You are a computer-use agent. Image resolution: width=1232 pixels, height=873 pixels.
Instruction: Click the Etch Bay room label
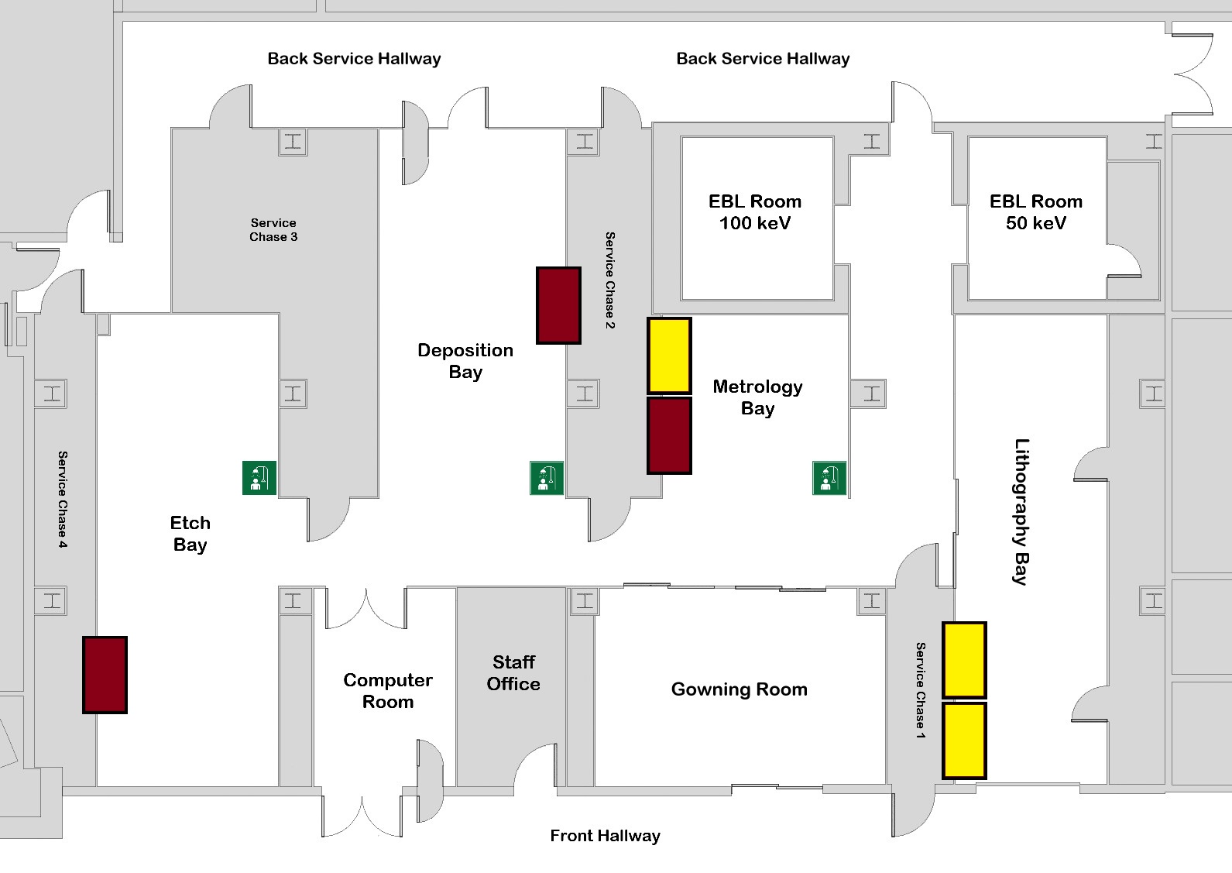[x=190, y=533]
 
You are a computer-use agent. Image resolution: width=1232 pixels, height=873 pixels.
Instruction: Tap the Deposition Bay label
[x=465, y=361]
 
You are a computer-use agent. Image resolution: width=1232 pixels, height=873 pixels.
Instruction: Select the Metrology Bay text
[x=757, y=397]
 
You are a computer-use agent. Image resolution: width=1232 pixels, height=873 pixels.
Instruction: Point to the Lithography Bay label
[x=1021, y=511]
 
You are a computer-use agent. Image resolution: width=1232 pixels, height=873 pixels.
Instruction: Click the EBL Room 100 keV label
[x=754, y=211]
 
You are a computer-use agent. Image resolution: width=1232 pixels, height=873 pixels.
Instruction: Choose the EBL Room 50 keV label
[x=1035, y=211]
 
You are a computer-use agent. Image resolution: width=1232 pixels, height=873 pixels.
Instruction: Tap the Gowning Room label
[x=740, y=689]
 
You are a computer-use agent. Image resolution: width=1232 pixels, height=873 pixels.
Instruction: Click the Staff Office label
[x=513, y=673]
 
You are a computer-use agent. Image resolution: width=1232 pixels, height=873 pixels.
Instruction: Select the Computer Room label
[x=388, y=691]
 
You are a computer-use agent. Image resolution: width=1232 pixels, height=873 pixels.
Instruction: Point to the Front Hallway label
[x=605, y=836]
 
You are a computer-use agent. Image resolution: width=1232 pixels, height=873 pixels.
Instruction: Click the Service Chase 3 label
[x=273, y=229]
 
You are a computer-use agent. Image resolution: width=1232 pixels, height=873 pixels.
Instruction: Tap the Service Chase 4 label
[x=63, y=500]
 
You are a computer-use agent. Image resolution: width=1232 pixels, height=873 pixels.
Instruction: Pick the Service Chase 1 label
[x=920, y=690]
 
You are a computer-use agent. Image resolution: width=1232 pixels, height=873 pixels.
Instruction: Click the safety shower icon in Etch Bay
[x=259, y=477]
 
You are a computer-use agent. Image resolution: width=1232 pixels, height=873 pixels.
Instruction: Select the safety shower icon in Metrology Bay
[x=829, y=477]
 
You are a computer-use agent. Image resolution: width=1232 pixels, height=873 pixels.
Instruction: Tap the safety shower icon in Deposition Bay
[x=547, y=477]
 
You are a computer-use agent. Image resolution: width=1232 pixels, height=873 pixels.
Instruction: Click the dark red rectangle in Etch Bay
[x=105, y=675]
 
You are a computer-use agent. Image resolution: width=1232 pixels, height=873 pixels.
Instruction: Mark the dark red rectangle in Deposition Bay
[x=559, y=305]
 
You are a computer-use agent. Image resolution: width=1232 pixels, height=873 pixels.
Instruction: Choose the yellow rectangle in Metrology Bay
[x=669, y=356]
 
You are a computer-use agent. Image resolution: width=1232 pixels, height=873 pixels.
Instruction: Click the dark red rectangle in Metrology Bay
[x=669, y=435]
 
